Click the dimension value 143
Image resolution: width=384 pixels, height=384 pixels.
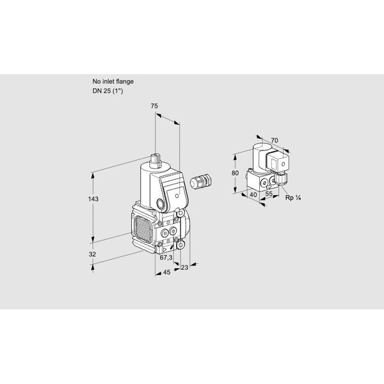(x=93, y=199)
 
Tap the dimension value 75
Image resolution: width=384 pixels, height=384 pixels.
(x=154, y=106)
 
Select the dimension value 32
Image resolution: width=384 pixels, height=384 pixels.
(x=92, y=254)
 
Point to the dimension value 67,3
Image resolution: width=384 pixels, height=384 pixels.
(x=166, y=257)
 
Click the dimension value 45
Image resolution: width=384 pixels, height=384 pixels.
(x=166, y=272)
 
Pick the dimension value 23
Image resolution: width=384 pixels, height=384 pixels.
(x=184, y=268)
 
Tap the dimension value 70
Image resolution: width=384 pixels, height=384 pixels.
(x=275, y=140)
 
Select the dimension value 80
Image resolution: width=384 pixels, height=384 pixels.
(x=235, y=173)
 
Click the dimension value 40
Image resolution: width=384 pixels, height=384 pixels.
(x=253, y=195)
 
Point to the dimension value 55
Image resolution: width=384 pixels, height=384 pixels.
(x=269, y=193)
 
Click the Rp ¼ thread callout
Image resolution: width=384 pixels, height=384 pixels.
(x=293, y=198)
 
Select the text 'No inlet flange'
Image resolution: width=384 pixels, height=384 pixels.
(x=113, y=81)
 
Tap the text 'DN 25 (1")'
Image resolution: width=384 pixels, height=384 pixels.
(x=108, y=91)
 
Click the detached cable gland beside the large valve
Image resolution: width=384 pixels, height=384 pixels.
(x=200, y=181)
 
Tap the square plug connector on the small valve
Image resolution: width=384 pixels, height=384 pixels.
(x=278, y=161)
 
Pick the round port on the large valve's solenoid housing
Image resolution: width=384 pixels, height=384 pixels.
(x=161, y=204)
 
